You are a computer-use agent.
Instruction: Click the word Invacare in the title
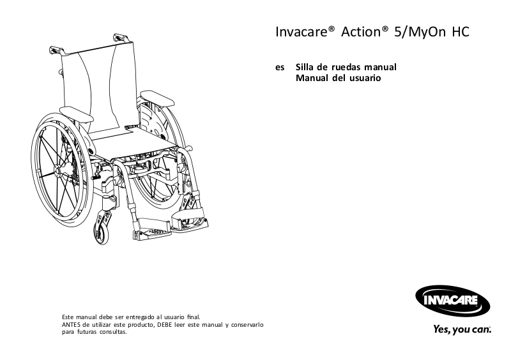tap(302, 31)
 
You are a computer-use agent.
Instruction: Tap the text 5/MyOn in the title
tap(415, 31)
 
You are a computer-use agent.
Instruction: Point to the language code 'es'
tap(280, 68)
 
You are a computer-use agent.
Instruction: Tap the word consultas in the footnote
tap(113, 333)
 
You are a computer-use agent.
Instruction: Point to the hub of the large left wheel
tap(63, 169)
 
